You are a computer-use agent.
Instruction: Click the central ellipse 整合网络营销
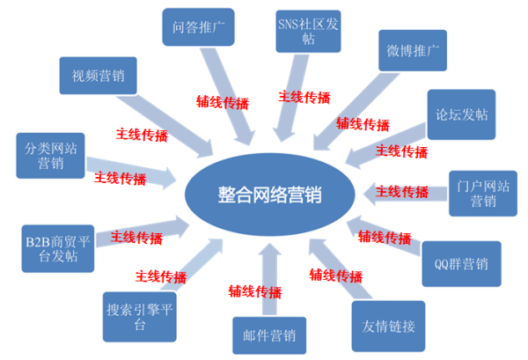[x=270, y=195]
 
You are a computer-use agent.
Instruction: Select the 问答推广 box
[x=198, y=27]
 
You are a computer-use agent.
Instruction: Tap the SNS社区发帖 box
[x=308, y=32]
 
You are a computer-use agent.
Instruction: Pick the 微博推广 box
[x=413, y=50]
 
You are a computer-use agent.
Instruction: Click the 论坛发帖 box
[x=461, y=114]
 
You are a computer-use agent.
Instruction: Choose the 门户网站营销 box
[x=483, y=194]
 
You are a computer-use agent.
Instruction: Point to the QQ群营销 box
[x=461, y=264]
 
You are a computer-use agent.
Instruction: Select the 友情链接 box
[x=388, y=326]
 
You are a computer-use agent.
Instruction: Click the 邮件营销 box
[x=269, y=335]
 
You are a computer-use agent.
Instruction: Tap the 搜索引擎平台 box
[x=139, y=317]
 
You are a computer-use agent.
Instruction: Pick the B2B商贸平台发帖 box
[x=58, y=248]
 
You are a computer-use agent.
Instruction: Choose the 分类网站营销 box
[x=50, y=156]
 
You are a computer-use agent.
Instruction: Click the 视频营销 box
[x=98, y=76]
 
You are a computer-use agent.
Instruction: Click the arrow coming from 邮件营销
[x=269, y=279]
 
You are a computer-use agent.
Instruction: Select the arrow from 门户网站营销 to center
[x=405, y=194]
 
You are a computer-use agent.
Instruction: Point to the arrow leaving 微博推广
[x=356, y=112]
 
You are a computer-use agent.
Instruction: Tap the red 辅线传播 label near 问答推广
[x=223, y=102]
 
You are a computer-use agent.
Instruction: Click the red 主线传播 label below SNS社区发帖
[x=304, y=98]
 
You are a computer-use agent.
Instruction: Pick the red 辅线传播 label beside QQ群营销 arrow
[x=385, y=237]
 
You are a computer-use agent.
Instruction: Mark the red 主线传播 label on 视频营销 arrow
[x=142, y=135]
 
